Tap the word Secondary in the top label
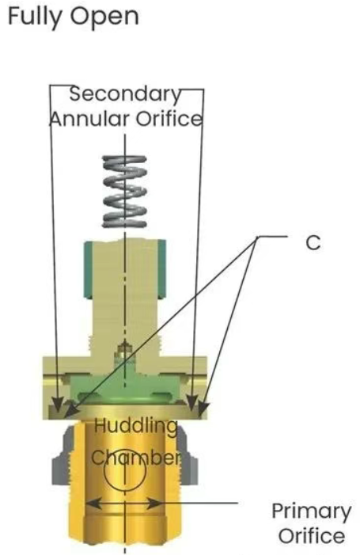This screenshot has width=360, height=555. [125, 93]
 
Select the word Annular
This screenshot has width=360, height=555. [90, 119]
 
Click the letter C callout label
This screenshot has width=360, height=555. [313, 243]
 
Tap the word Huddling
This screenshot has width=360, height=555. [136, 427]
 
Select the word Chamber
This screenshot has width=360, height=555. [136, 458]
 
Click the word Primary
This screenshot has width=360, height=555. [312, 512]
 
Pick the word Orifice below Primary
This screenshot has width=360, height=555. [312, 535]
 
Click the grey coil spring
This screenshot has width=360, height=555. [124, 191]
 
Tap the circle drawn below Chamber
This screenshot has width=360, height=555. [125, 474]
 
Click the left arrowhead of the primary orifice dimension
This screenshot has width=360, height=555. [93, 503]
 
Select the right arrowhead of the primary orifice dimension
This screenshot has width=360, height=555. [155, 503]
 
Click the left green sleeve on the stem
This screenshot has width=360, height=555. [89, 270]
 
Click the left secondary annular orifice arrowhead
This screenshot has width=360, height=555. [58, 405]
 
